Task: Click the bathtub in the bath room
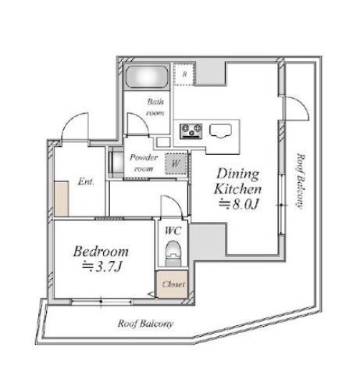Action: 147,77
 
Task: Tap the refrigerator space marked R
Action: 184,74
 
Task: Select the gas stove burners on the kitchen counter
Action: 191,131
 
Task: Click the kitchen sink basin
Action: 221,131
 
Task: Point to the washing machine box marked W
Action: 176,163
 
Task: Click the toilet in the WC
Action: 173,253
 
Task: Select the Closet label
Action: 173,284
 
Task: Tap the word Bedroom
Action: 101,252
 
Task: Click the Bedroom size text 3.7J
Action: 102,267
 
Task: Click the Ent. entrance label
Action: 86,181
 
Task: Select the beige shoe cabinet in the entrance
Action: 62,199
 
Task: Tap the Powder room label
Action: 144,163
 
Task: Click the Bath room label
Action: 155,107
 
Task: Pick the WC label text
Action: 173,231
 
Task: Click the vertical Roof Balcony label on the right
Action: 301,181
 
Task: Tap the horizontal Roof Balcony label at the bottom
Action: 145,324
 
